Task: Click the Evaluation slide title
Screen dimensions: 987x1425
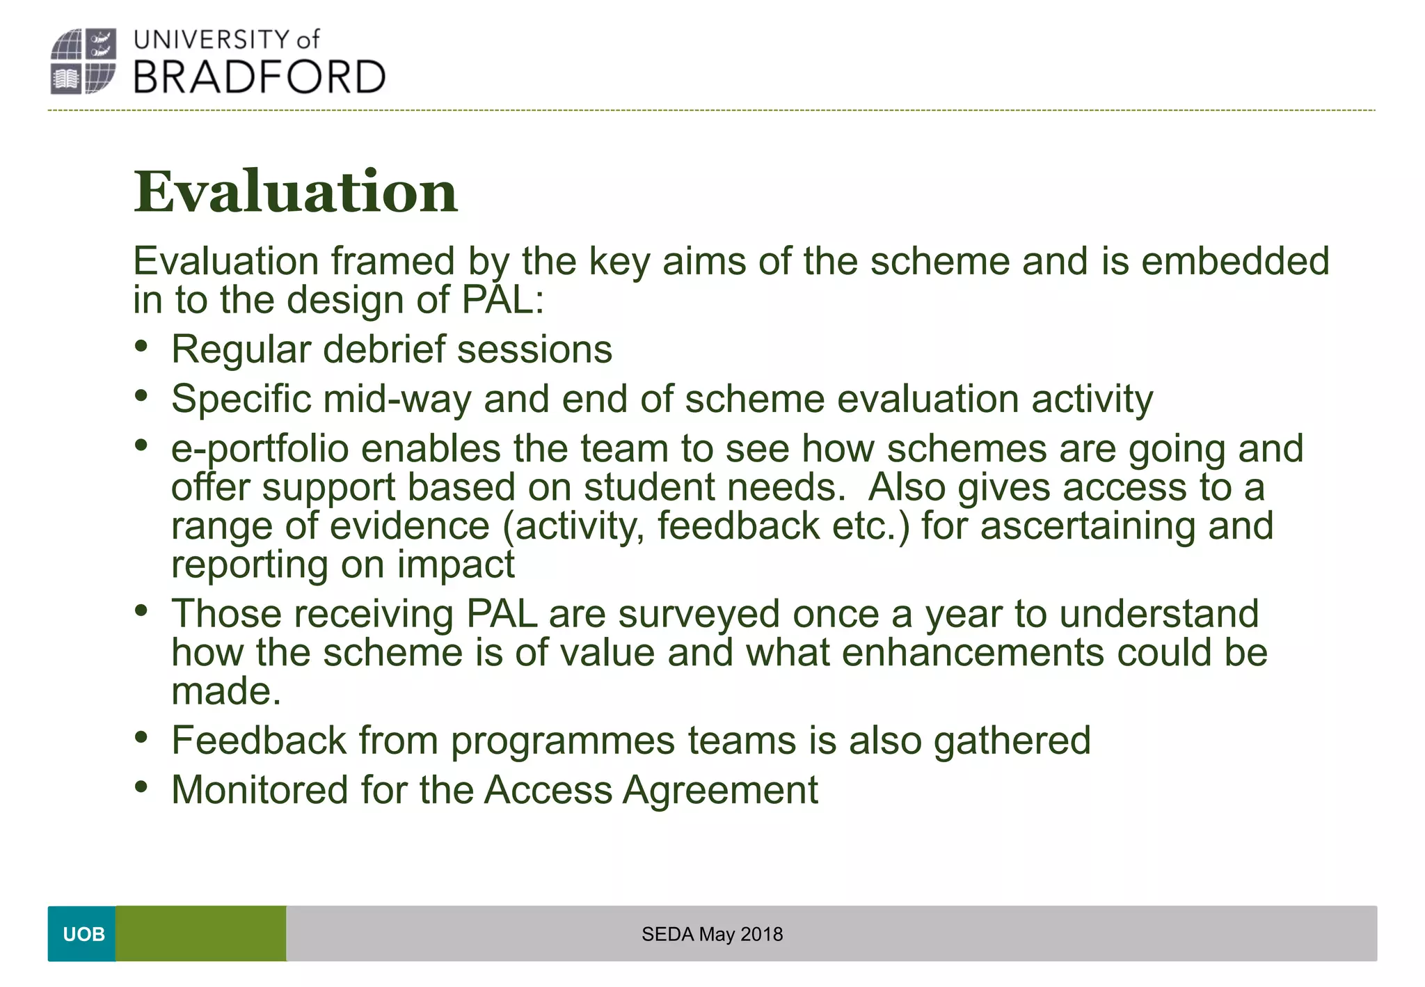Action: coord(296,191)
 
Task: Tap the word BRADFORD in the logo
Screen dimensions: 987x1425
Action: coord(259,77)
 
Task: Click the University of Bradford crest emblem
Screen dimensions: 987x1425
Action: coord(83,61)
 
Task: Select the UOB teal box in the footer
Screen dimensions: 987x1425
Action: coord(82,933)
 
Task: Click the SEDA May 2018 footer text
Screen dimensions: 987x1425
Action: coord(712,934)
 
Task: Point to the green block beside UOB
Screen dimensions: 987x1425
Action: coord(200,933)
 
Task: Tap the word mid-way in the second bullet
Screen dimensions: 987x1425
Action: coord(397,400)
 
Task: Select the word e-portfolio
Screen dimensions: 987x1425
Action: coord(260,449)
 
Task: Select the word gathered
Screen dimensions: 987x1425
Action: coord(1012,740)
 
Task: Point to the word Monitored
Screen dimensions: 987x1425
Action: coord(260,791)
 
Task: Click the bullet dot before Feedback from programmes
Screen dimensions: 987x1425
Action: coord(142,737)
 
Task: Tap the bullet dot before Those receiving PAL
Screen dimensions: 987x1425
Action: coord(142,611)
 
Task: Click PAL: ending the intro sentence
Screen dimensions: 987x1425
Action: coord(502,300)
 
